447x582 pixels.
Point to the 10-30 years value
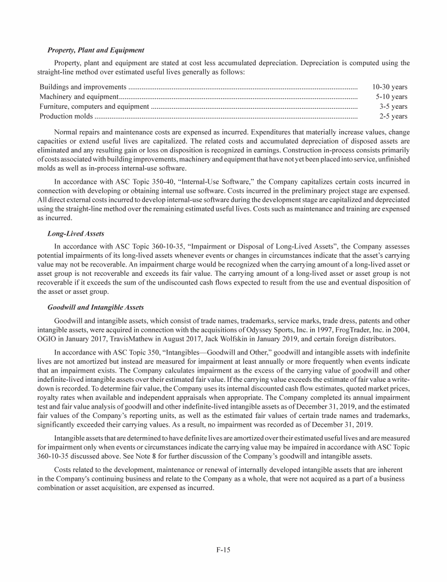point(389,87)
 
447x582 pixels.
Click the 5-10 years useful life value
point(391,97)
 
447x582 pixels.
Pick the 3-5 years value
point(393,107)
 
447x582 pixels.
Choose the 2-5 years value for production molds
point(393,116)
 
